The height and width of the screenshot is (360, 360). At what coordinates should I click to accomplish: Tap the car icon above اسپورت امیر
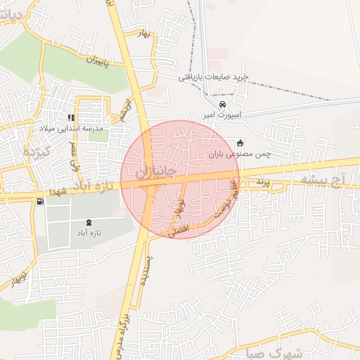[223, 104]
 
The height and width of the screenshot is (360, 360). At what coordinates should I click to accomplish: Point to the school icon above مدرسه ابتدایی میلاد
[70, 117]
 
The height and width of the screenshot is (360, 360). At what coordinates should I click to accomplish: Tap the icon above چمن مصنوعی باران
[240, 141]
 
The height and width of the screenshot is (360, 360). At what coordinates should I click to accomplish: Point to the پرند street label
[262, 182]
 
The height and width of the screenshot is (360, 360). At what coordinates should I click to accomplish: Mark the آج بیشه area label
[321, 181]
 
